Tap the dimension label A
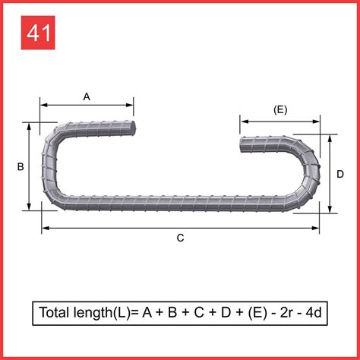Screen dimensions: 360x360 point(87,96)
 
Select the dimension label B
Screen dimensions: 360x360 point(21,166)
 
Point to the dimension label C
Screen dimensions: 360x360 point(180,238)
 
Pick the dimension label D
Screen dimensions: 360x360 point(340,175)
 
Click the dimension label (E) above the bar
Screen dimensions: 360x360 point(279,109)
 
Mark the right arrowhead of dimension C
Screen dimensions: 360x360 point(316,227)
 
